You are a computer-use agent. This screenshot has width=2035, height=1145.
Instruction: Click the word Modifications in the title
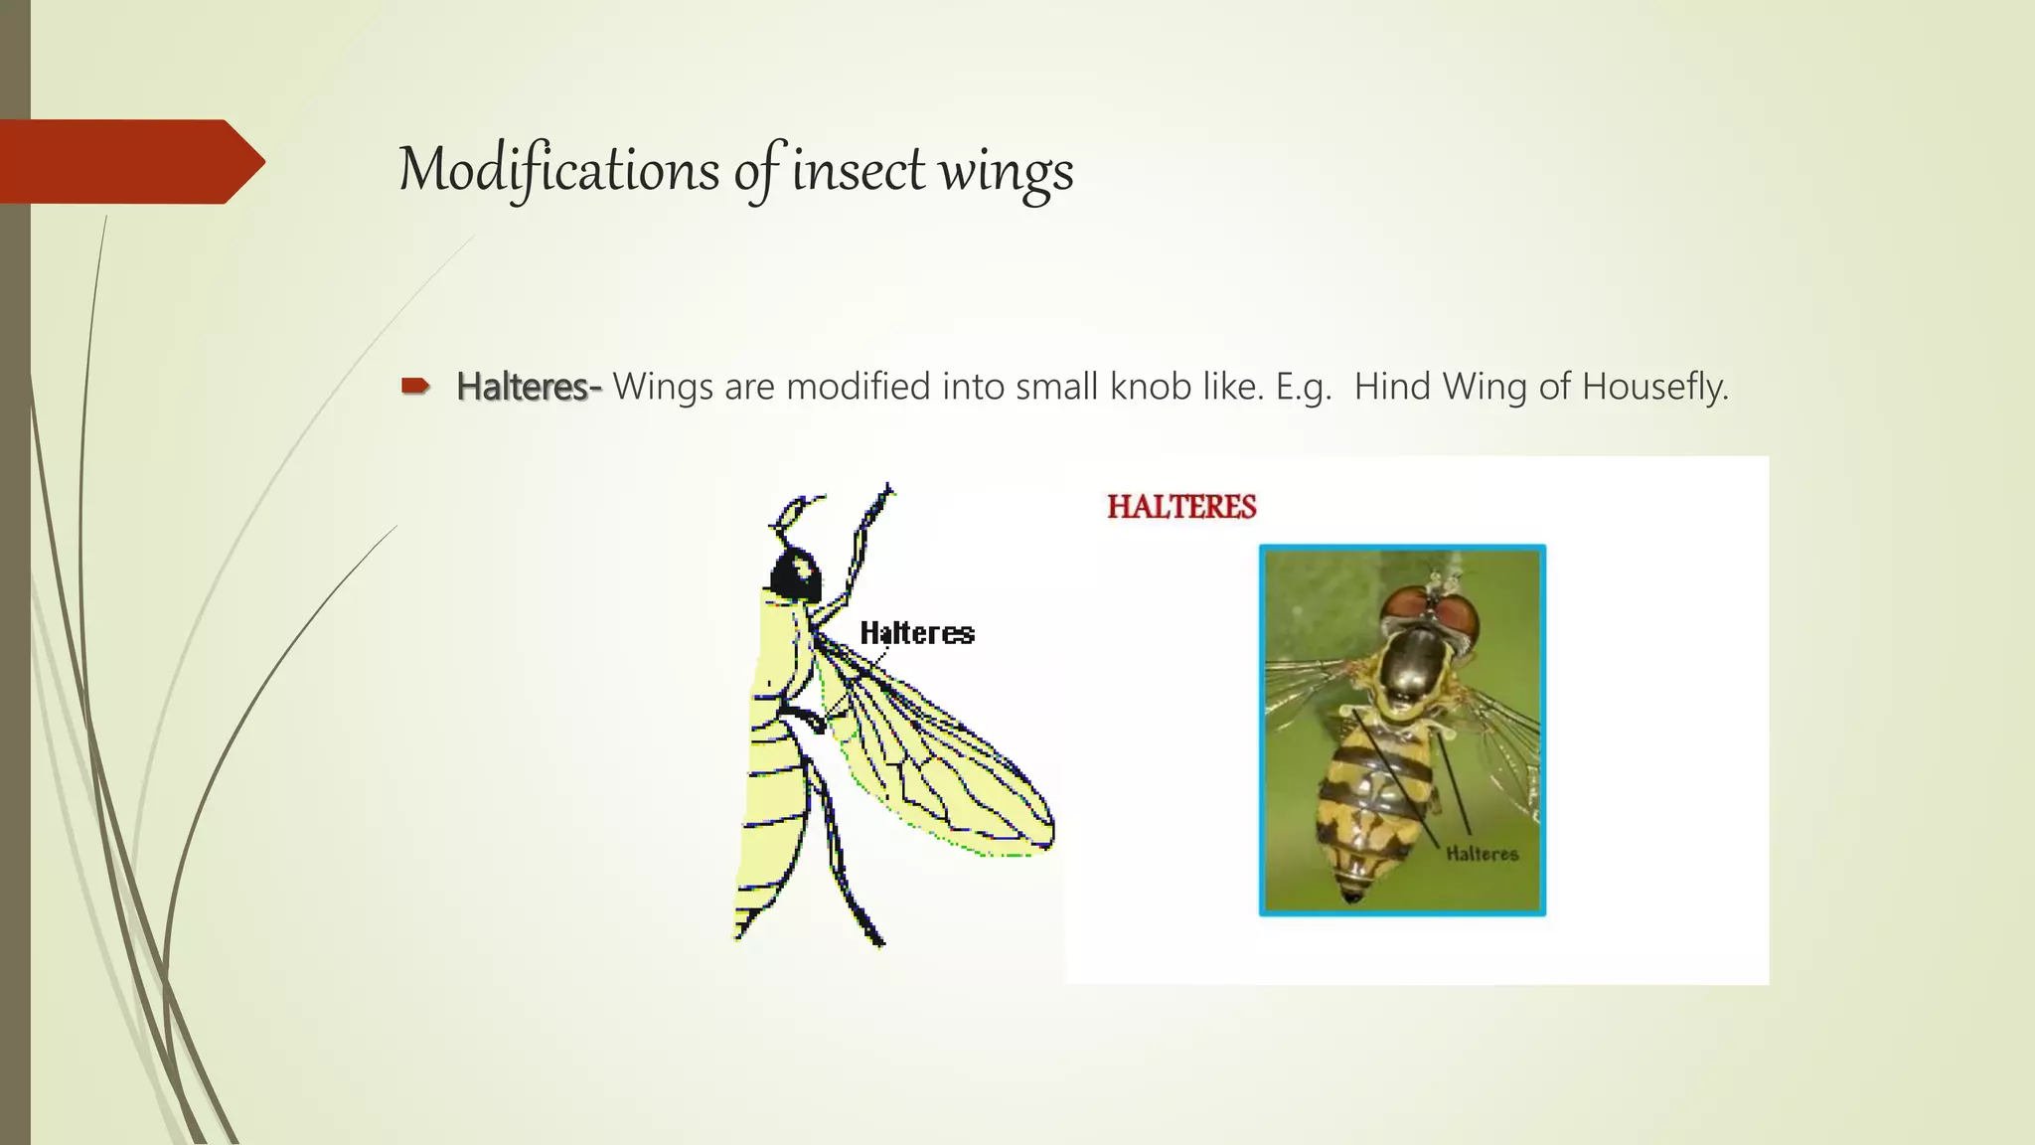click(558, 170)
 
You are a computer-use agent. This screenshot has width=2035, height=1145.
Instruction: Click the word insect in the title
click(859, 170)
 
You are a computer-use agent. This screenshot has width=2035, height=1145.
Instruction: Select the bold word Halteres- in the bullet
click(528, 387)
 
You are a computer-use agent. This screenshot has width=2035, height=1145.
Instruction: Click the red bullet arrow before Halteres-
click(414, 386)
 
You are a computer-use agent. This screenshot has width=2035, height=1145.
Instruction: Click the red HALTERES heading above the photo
click(1181, 507)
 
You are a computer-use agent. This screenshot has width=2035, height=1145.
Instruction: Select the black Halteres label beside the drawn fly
click(916, 633)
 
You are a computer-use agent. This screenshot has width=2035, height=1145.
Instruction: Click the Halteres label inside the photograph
click(1482, 854)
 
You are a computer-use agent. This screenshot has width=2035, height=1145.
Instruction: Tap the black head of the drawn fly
click(797, 576)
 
